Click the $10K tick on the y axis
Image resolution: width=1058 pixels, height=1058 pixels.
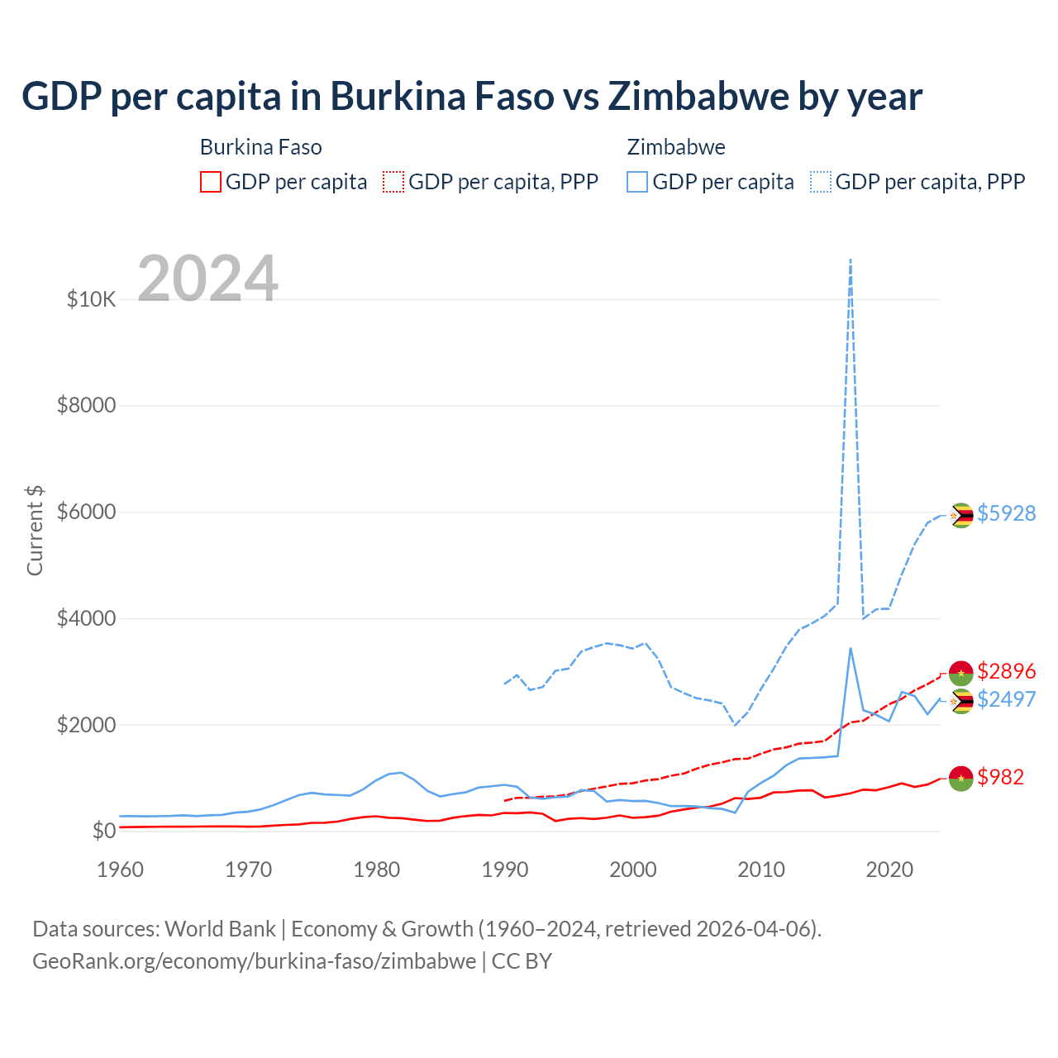click(x=91, y=299)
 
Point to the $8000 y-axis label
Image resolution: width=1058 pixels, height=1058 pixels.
click(x=86, y=406)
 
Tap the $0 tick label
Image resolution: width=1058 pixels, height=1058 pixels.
click(x=103, y=831)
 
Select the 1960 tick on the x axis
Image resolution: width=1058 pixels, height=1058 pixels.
click(x=121, y=870)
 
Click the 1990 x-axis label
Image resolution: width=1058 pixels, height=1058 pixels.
click(x=505, y=870)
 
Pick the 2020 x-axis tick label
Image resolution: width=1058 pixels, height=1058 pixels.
click(x=889, y=870)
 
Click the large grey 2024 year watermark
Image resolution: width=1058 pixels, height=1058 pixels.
click(x=208, y=279)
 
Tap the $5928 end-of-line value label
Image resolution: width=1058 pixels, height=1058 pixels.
click(x=1006, y=513)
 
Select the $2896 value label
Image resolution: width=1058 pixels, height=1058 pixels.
click(x=1006, y=671)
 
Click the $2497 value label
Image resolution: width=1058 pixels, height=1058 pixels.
click(x=1006, y=699)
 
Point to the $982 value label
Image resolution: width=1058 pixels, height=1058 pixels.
click(x=1000, y=777)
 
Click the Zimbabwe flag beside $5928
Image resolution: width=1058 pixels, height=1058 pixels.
click(x=960, y=516)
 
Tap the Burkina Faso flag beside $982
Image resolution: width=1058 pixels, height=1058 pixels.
click(x=960, y=778)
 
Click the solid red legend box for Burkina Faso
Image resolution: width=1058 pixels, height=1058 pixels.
click(x=211, y=182)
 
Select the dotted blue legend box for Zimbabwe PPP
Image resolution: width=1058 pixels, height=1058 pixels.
click(x=821, y=182)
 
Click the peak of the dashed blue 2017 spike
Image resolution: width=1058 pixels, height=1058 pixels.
click(x=851, y=260)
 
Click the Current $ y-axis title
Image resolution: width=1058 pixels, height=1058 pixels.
click(x=35, y=531)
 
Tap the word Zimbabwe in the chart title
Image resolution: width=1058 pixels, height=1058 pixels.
click(x=698, y=97)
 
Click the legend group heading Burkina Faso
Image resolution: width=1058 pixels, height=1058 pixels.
click(x=261, y=147)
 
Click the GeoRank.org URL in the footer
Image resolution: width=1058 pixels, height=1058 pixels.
click(x=255, y=961)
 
